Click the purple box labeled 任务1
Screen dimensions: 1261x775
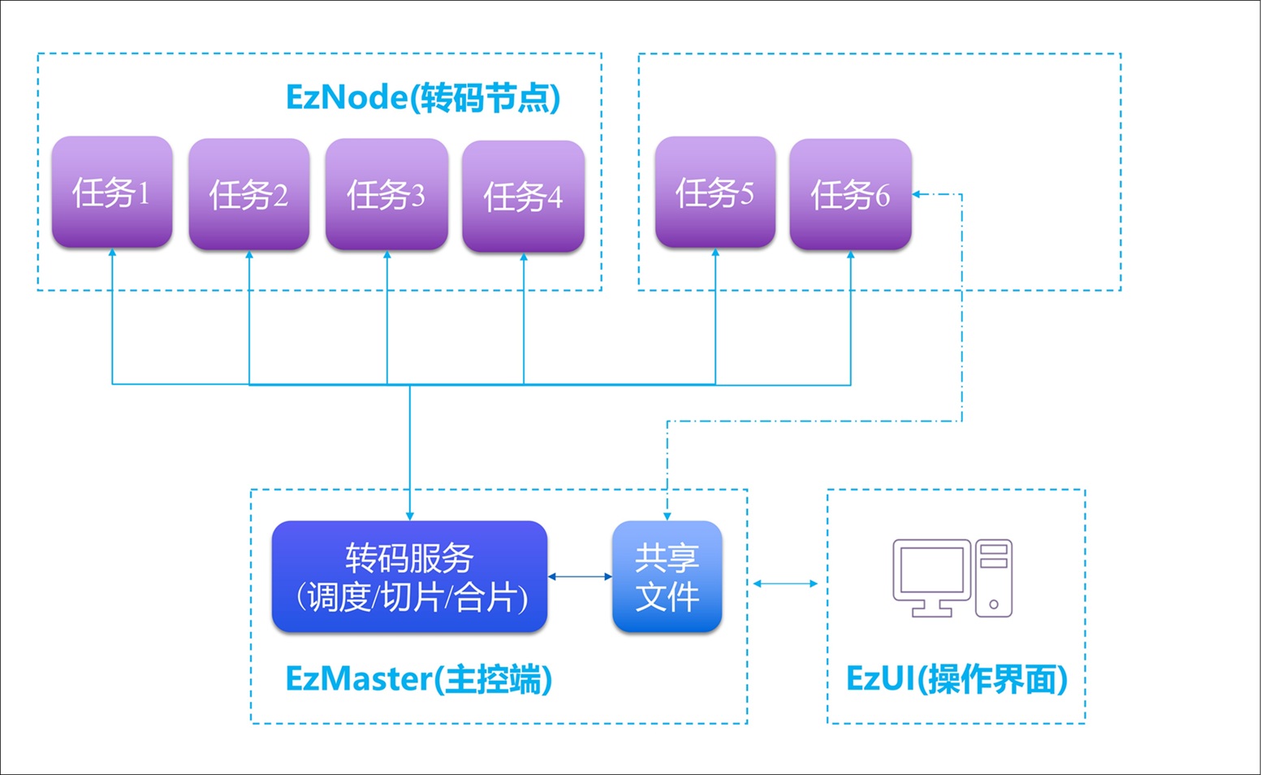coord(112,192)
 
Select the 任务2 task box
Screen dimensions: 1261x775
coord(248,194)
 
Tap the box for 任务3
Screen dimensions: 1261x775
coord(387,194)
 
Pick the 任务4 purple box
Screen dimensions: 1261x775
coord(524,196)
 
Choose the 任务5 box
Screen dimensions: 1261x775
coord(715,192)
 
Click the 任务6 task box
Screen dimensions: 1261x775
coord(851,194)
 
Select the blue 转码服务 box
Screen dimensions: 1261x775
coord(409,577)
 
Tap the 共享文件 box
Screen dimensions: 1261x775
coord(667,577)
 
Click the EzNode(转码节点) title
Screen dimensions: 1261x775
coord(423,97)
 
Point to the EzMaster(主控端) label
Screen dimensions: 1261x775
coord(419,678)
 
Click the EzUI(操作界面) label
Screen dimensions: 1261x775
coord(957,678)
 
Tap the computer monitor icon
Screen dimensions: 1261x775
coord(931,578)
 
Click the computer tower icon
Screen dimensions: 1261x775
coord(994,578)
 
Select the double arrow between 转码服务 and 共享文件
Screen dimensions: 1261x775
coord(580,577)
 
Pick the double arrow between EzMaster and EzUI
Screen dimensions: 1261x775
coord(785,583)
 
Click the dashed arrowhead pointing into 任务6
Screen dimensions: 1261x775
coord(916,194)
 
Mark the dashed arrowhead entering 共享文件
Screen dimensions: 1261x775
coord(667,517)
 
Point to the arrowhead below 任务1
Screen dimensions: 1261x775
coord(112,253)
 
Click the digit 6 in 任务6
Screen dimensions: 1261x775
coord(882,196)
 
